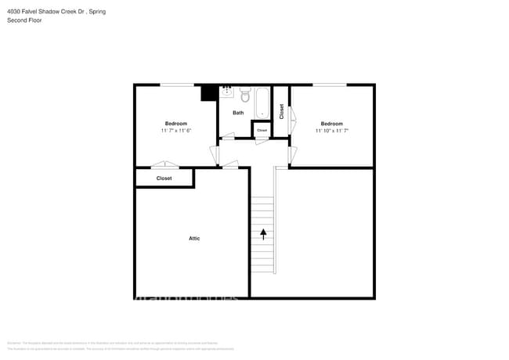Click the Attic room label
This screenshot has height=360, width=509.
tap(193, 238)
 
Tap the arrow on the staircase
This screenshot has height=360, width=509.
tap(263, 232)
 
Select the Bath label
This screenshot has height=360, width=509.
tap(238, 113)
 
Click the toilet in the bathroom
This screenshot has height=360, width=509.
tap(244, 95)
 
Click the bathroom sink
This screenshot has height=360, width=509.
tap(227, 92)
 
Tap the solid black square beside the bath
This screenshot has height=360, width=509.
tap(209, 92)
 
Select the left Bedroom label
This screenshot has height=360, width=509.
tap(176, 123)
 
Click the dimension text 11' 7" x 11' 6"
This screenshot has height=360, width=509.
tap(176, 131)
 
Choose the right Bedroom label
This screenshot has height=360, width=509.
tap(331, 123)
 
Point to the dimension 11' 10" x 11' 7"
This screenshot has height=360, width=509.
tap(331, 131)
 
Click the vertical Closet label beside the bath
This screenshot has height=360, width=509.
tap(281, 111)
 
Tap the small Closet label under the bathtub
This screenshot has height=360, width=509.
tap(262, 130)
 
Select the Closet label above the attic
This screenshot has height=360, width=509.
tap(164, 178)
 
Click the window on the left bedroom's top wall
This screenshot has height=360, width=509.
tap(178, 85)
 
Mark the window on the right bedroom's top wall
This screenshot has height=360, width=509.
tap(330, 85)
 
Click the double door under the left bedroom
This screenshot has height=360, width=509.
tap(164, 165)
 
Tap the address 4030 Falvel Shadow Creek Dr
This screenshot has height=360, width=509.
tap(45, 12)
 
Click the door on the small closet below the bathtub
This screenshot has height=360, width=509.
tap(262, 140)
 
